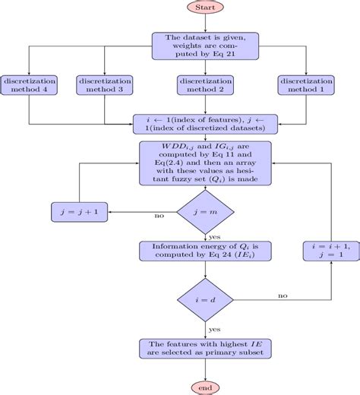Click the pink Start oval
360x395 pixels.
[x=205, y=8]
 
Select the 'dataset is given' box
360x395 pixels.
[x=205, y=45]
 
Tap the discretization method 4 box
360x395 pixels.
[x=29, y=85]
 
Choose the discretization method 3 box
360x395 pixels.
[x=105, y=85]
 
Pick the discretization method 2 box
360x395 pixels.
[x=205, y=85]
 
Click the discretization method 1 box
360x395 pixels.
[x=305, y=85]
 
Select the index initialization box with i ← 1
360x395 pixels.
[x=205, y=123]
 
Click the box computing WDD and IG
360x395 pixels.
[x=205, y=163]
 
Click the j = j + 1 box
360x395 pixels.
[x=79, y=210]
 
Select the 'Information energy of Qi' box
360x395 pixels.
[x=205, y=251]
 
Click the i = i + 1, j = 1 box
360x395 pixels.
[x=331, y=251]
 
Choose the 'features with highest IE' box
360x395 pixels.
[x=205, y=349]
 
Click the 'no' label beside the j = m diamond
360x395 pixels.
[x=159, y=216]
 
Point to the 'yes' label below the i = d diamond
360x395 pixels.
[x=214, y=330]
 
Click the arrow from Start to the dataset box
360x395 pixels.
[x=205, y=23]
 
